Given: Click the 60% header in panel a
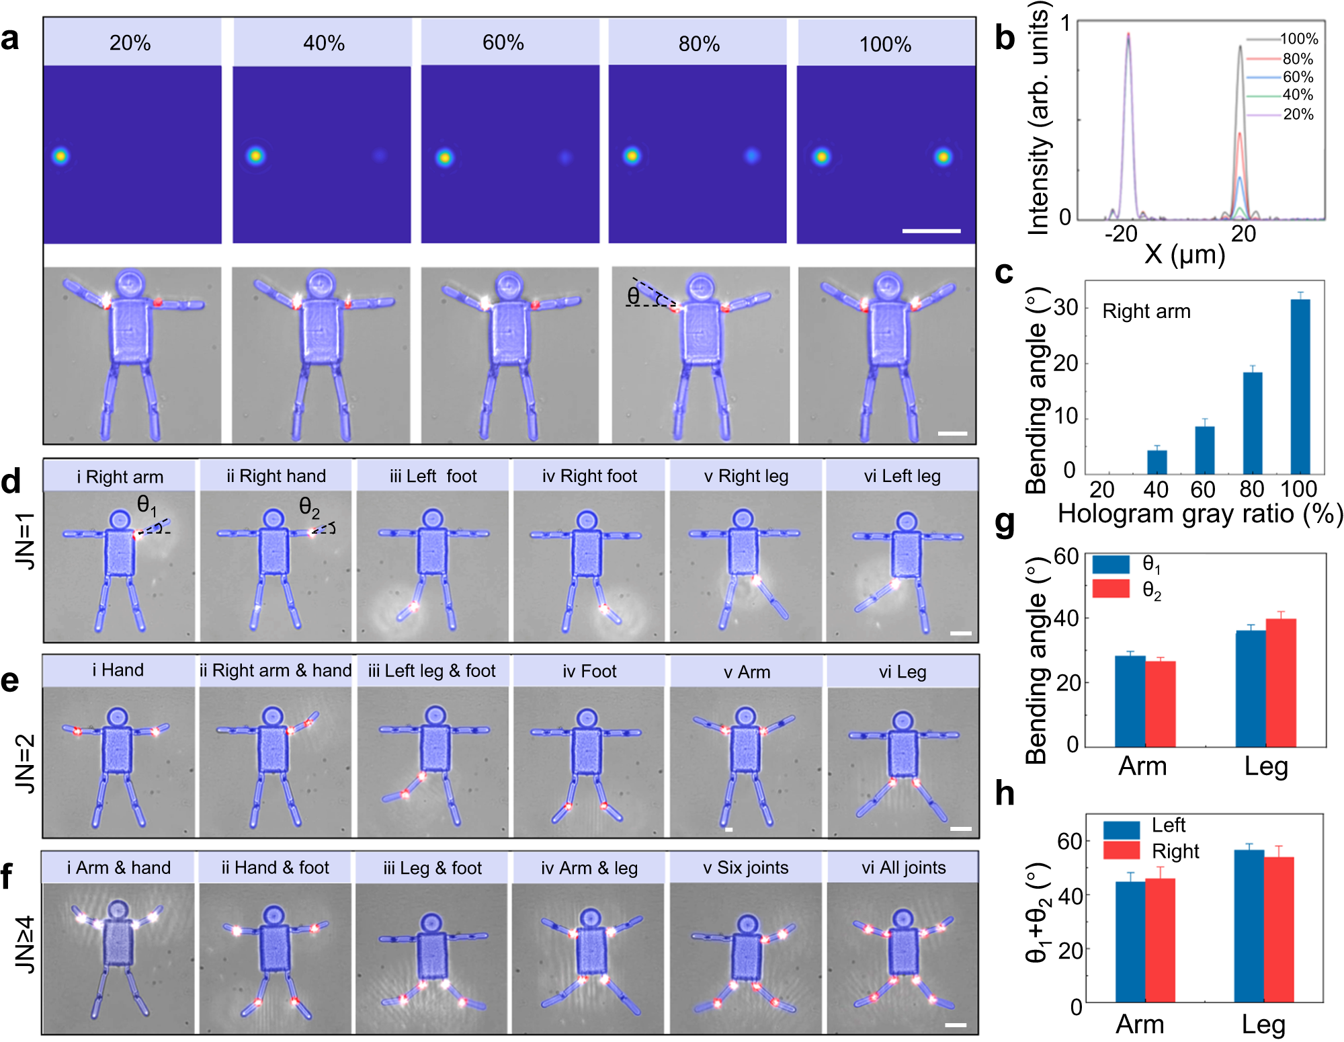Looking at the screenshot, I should [x=503, y=43].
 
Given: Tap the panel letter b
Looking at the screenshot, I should [x=1005, y=38].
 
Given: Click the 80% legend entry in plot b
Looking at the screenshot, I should [x=1297, y=59].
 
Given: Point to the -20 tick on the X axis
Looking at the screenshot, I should [x=1121, y=234].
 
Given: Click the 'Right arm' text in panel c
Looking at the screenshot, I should [x=1146, y=311].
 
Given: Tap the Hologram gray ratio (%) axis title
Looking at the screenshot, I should [x=1200, y=514].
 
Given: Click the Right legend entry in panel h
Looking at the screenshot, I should [x=1175, y=852].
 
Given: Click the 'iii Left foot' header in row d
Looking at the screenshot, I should [x=433, y=476].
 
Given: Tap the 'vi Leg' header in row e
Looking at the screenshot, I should [x=902, y=672].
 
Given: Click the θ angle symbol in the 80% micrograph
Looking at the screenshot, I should [x=633, y=296].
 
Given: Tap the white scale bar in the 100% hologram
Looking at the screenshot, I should [x=931, y=231].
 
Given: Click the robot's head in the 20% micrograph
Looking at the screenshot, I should [x=130, y=284].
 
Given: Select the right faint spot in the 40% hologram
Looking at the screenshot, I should [x=380, y=156].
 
